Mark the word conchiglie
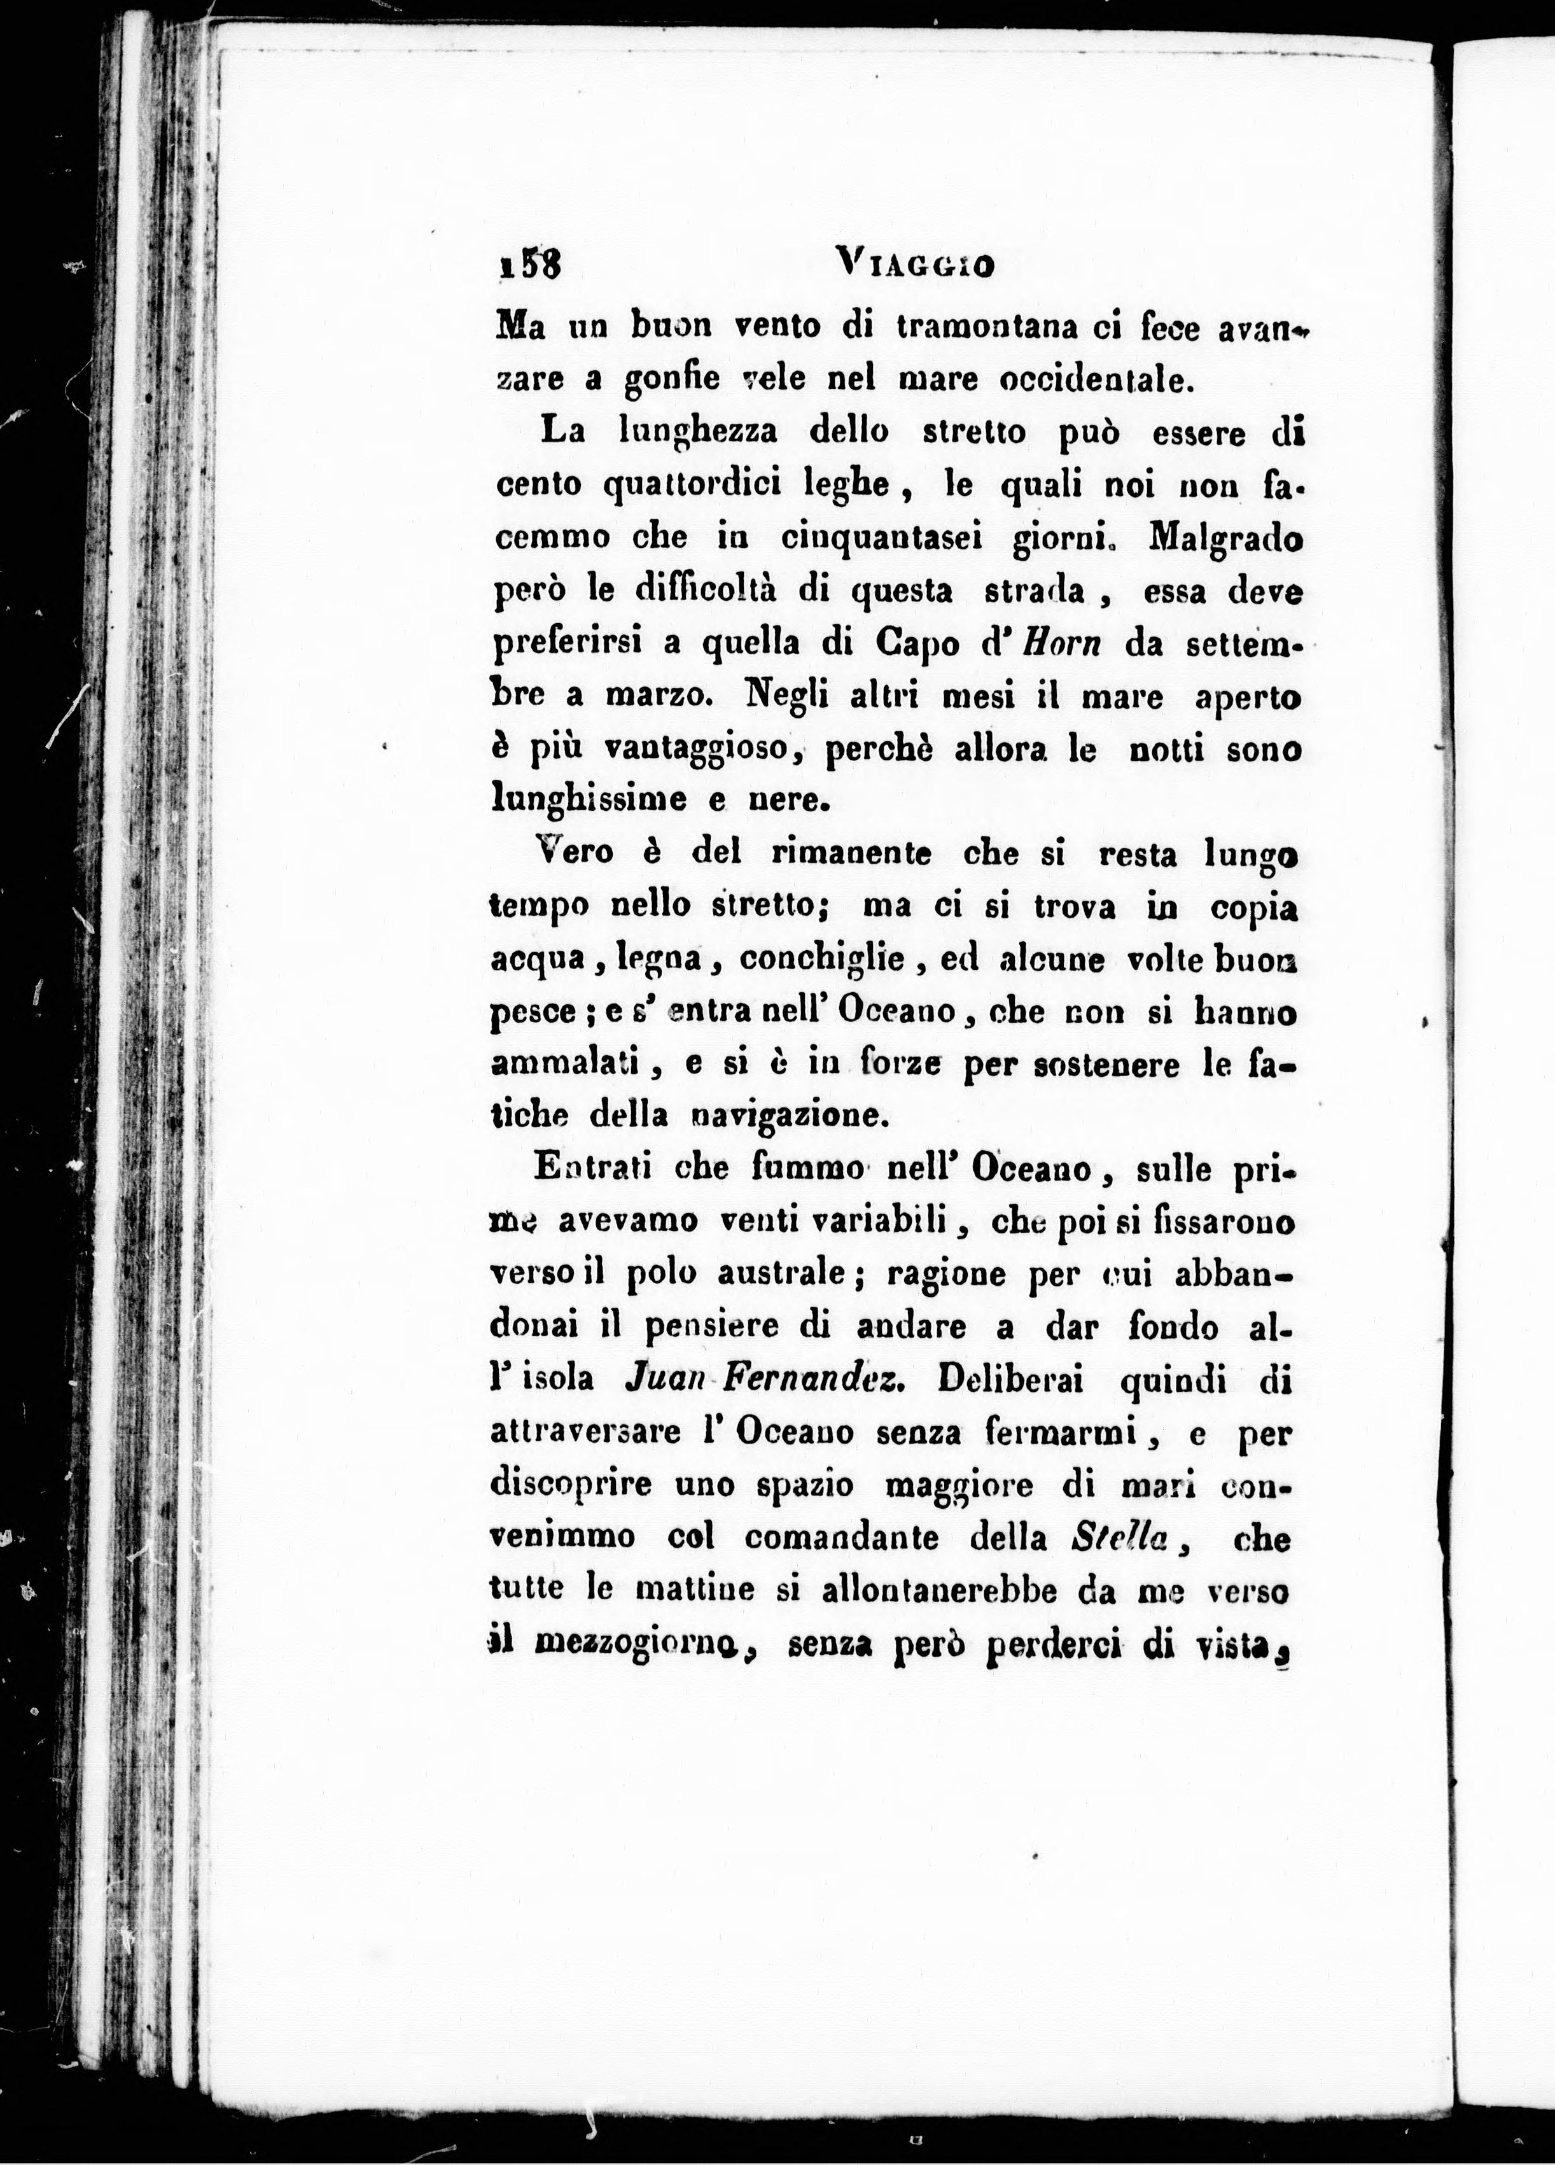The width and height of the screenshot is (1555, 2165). tap(823, 960)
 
